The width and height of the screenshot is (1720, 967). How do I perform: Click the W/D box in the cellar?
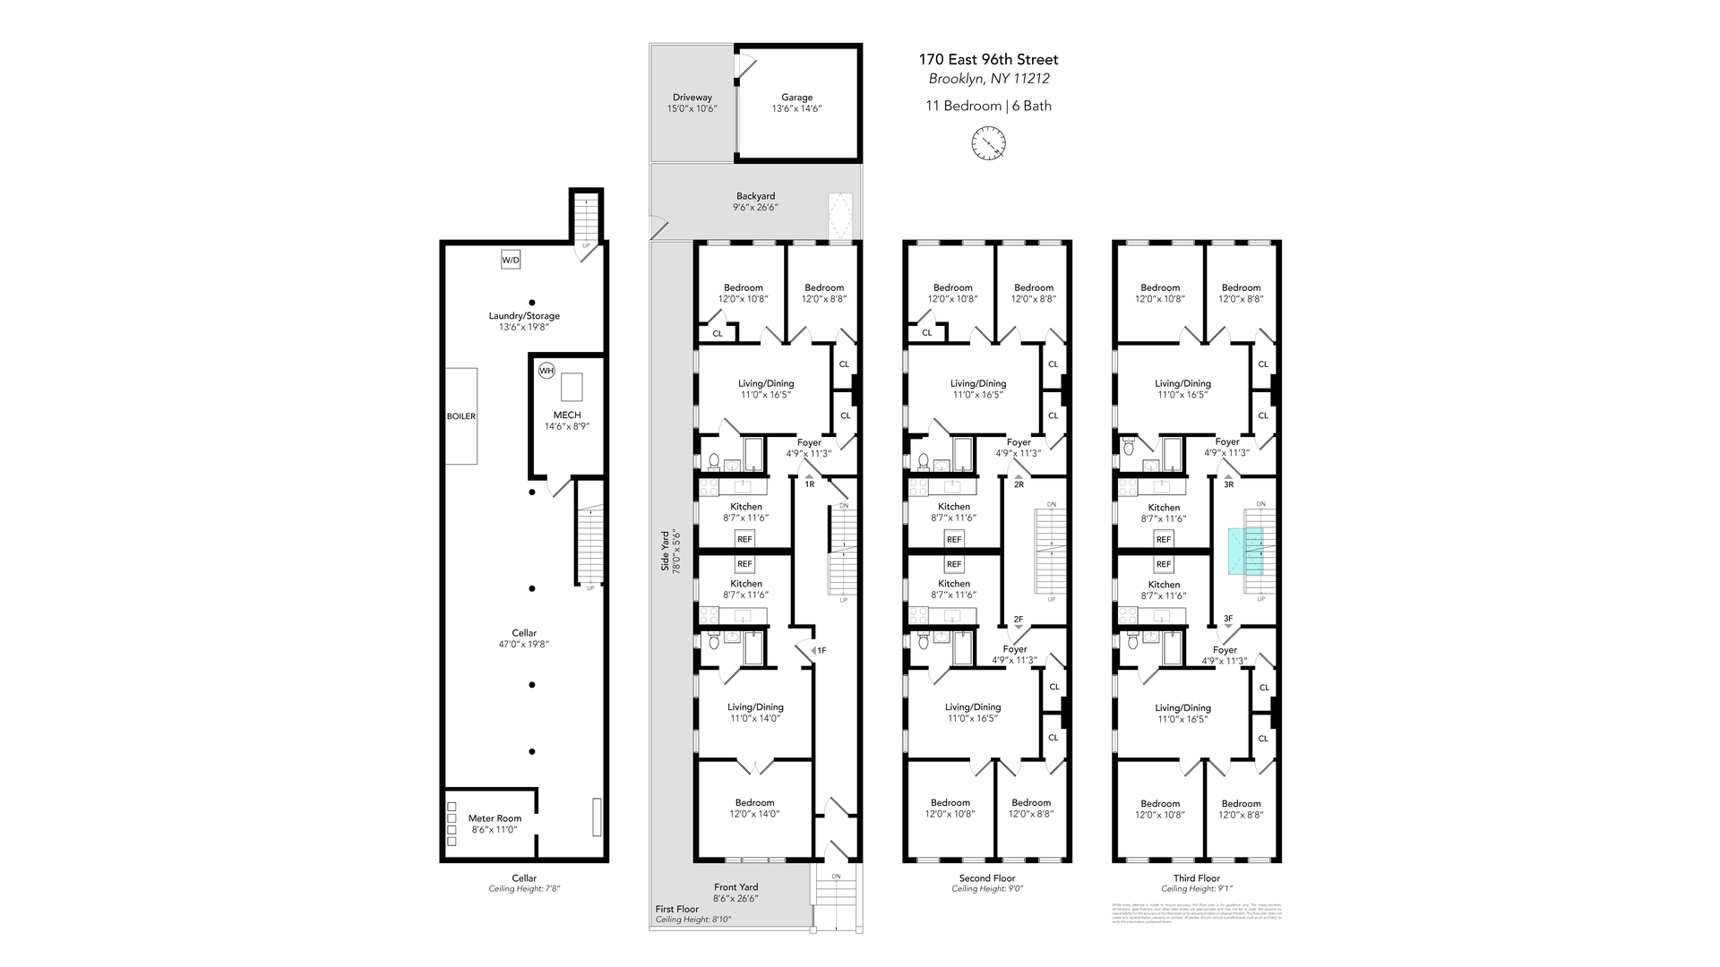point(510,260)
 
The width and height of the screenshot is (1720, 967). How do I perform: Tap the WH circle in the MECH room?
point(546,371)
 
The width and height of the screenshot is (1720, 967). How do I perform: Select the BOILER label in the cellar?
point(461,416)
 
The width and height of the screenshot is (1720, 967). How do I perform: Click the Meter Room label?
point(494,818)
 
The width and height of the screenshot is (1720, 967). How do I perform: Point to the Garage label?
point(796,98)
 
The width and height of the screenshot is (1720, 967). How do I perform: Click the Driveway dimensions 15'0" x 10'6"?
point(692,108)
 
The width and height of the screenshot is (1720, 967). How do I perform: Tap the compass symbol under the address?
point(989,142)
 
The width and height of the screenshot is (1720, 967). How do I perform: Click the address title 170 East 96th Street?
point(988,59)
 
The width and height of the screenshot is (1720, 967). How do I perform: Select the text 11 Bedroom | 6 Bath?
point(988,106)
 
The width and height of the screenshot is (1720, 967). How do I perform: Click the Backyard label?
point(755,196)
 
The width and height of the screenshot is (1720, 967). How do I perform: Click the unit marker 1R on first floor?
point(810,483)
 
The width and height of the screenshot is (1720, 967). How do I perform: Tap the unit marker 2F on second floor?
point(1018,619)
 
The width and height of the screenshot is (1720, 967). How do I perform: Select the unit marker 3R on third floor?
point(1228,484)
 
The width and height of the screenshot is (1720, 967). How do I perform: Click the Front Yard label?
point(735,887)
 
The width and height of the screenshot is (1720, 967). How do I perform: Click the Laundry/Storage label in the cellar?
point(524,316)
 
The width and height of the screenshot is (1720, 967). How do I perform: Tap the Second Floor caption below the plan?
point(986,878)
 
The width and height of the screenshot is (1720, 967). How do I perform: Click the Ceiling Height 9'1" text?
point(1197,889)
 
